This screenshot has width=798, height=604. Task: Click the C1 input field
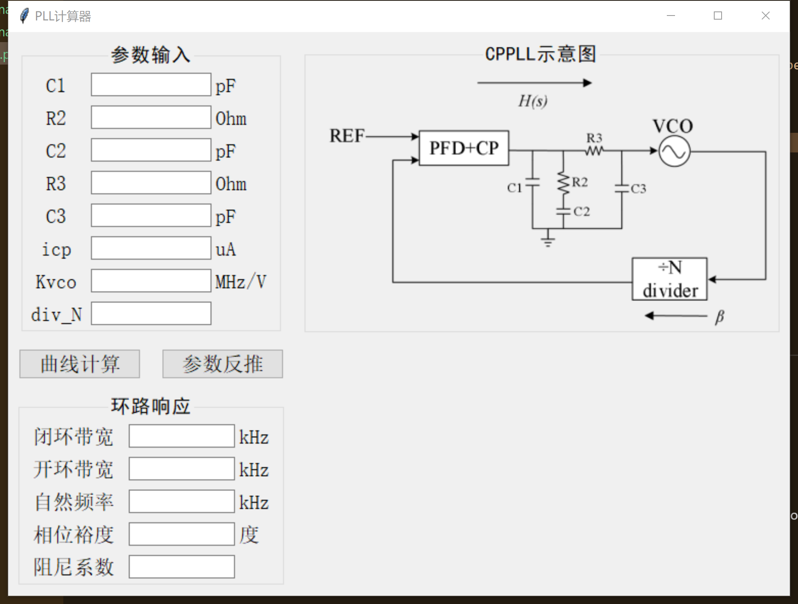[x=151, y=85]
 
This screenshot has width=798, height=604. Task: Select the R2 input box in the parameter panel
[x=151, y=117]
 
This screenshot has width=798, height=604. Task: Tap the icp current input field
[x=151, y=248]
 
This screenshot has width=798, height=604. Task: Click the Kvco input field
[x=151, y=281]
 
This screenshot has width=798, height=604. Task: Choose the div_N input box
[x=151, y=313]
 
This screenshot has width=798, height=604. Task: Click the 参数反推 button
[x=222, y=364]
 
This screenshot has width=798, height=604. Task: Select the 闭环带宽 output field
[x=181, y=436]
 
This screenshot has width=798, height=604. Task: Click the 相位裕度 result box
[x=181, y=534]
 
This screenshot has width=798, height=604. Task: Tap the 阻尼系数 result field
[x=181, y=567]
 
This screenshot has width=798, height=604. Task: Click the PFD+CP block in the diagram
[x=464, y=148]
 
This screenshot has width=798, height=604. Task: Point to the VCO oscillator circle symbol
[x=674, y=152]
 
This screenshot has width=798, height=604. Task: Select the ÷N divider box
[x=669, y=279]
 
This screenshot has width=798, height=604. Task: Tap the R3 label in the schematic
[x=595, y=138]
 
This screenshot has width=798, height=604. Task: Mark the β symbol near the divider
[x=720, y=317]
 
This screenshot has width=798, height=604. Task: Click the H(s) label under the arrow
[x=533, y=101]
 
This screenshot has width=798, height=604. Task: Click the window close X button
[x=765, y=16]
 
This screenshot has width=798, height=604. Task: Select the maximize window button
[x=718, y=16]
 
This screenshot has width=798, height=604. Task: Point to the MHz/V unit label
[x=241, y=282]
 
